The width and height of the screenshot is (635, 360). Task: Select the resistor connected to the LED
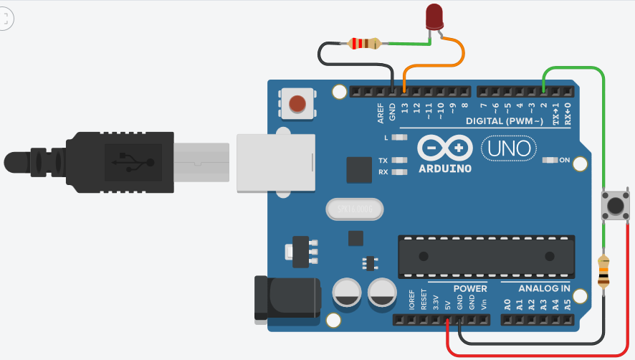(x=364, y=44)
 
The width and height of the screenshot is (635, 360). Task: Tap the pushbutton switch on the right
(x=613, y=206)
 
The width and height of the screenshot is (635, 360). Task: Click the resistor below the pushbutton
(x=604, y=272)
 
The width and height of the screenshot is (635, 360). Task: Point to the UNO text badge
(x=508, y=148)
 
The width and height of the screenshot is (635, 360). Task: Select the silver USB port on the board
(x=276, y=163)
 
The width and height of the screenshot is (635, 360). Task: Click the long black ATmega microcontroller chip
(x=487, y=256)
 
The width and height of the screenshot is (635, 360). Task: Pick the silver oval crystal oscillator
(x=355, y=209)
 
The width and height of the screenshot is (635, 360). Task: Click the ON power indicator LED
(x=551, y=160)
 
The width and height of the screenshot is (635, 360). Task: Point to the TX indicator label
(x=383, y=160)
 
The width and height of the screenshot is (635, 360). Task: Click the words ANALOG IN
(x=545, y=288)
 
